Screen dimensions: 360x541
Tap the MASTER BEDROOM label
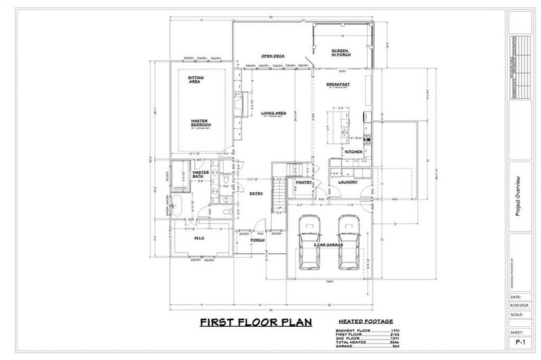tap(202, 123)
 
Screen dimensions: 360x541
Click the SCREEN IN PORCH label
tap(340, 53)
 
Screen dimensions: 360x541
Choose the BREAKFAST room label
tap(337, 85)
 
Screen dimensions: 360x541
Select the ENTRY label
tap(256, 194)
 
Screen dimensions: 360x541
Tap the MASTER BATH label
tap(201, 174)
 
